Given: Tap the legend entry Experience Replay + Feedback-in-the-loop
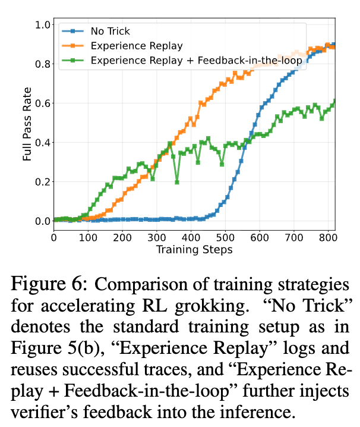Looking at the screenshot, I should coord(197,60).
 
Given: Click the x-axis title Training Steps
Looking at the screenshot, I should coord(194,249).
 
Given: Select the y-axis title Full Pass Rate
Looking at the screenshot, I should coord(27,123).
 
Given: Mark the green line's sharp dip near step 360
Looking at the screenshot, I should coord(177,182).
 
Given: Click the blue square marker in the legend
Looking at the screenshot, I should coord(73,31).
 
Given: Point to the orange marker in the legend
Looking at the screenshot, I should coord(73,45).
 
